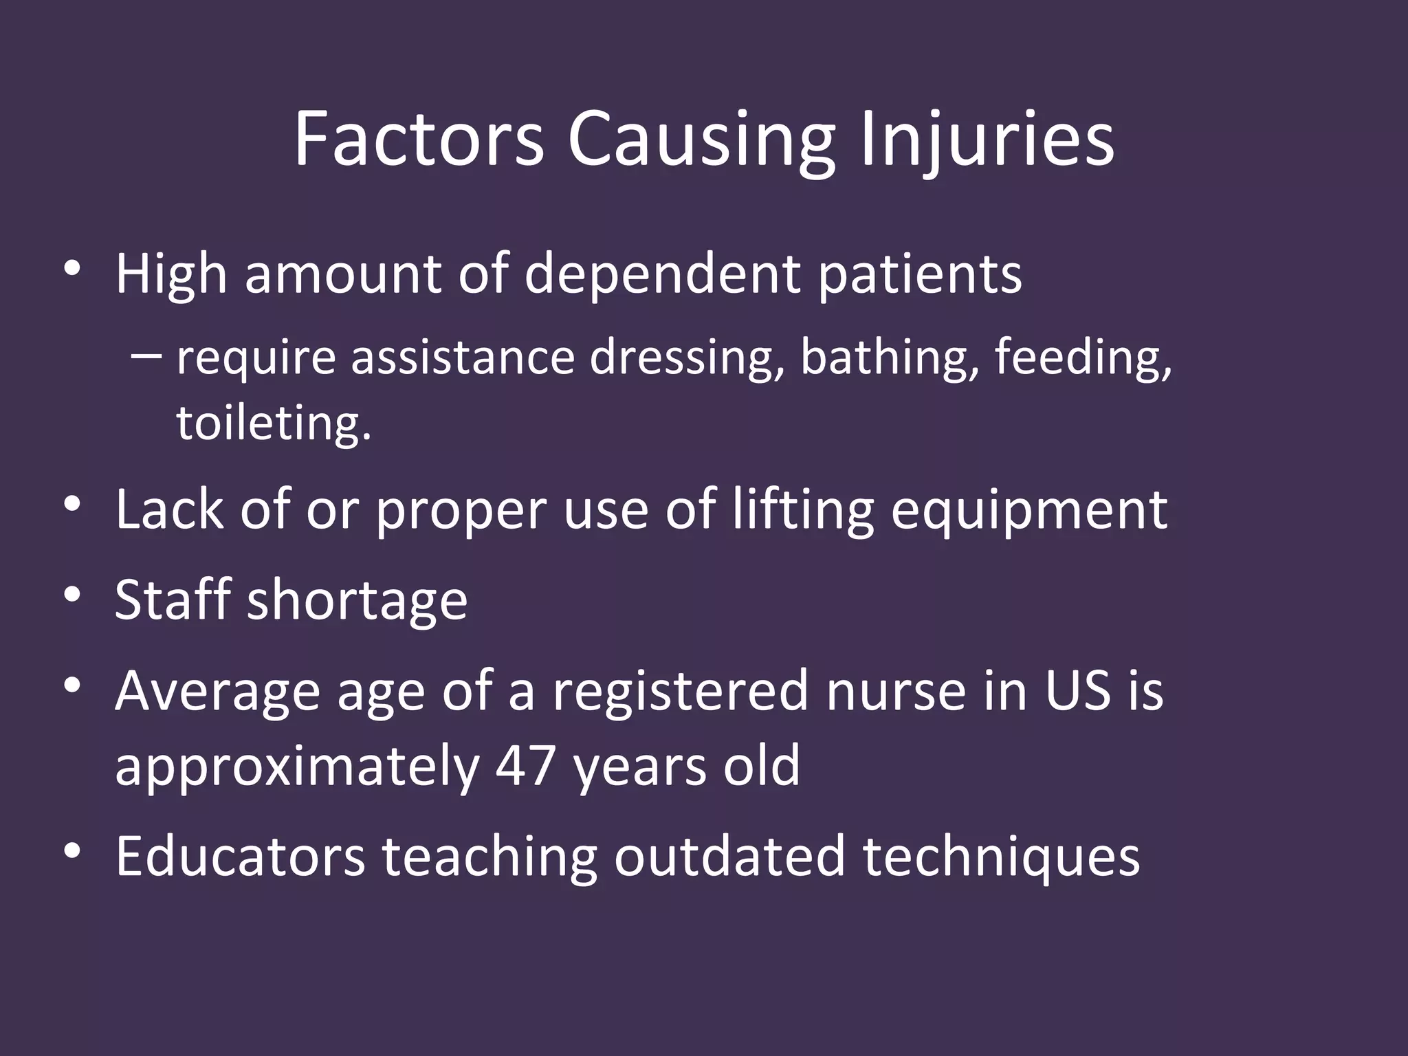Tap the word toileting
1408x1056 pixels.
pyautogui.click(x=274, y=422)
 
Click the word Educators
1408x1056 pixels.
pyautogui.click(x=240, y=856)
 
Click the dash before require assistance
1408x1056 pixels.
pyautogui.click(x=145, y=356)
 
